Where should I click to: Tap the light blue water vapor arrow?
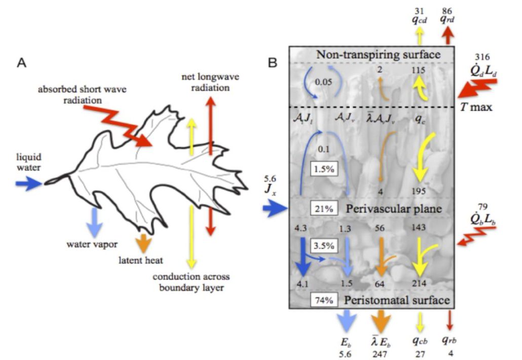[93, 219]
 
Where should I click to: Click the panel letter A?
[21, 63]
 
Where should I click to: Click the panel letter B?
[273, 63]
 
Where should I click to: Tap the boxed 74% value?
[321, 300]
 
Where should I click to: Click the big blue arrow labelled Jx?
[276, 208]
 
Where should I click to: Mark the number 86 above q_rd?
[448, 9]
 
